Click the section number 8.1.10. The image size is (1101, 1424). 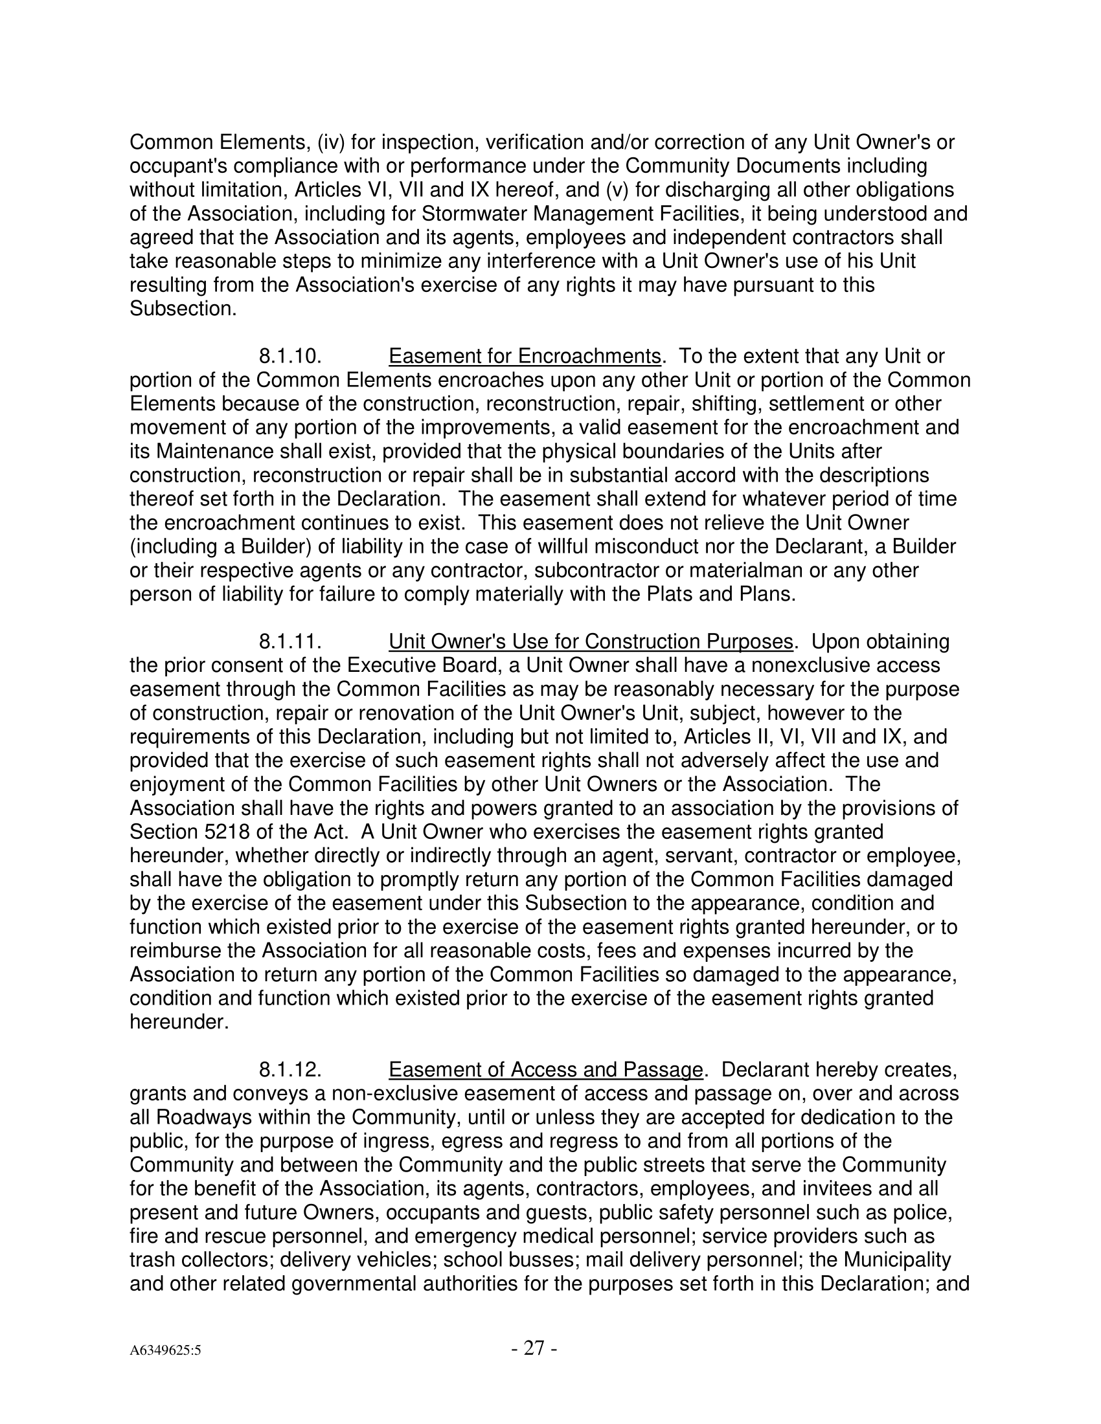(x=290, y=357)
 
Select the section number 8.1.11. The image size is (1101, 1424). (x=290, y=641)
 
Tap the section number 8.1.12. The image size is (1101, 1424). (x=290, y=1070)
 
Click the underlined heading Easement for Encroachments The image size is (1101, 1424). (x=525, y=357)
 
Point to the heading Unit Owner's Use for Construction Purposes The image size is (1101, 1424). (x=590, y=641)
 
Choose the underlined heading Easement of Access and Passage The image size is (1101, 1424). (x=545, y=1070)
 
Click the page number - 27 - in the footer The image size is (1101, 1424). (x=534, y=1348)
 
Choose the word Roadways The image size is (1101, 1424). (x=204, y=1118)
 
